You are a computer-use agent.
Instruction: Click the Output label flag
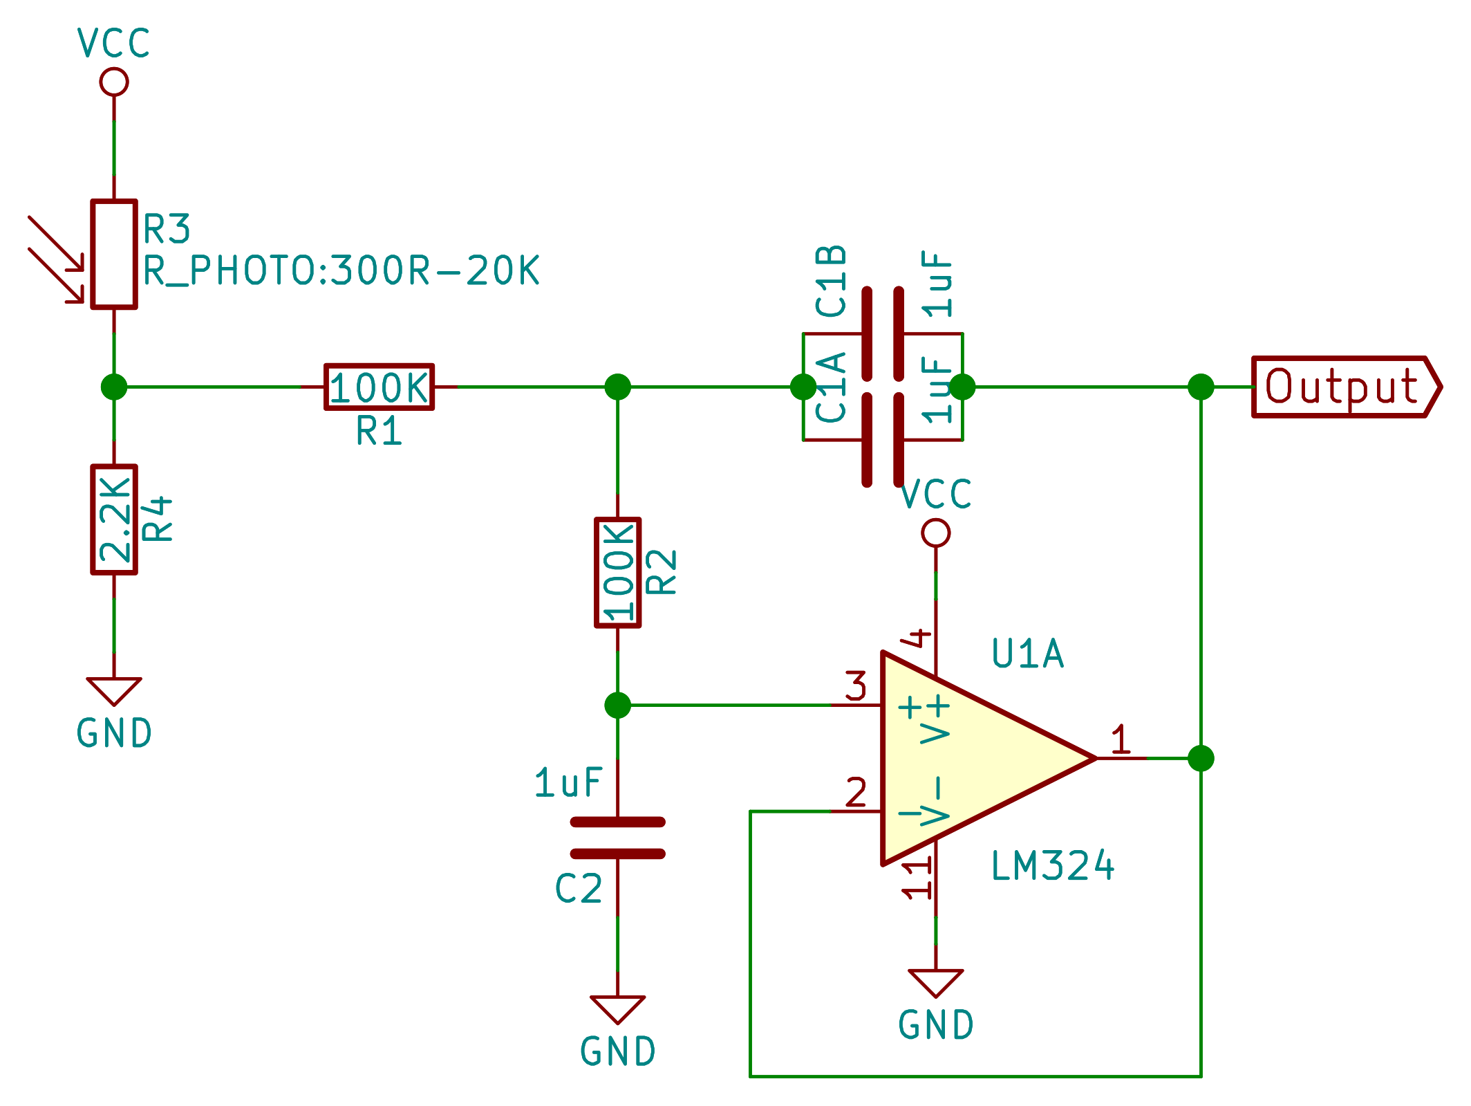click(1344, 387)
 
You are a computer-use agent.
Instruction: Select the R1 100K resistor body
click(379, 387)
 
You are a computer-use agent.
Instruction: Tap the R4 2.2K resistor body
click(114, 519)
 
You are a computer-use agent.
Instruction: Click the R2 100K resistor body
click(617, 573)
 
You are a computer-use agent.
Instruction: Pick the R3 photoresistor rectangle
click(114, 254)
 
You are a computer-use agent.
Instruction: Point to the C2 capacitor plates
click(617, 838)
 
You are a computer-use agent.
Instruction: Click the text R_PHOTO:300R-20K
click(341, 270)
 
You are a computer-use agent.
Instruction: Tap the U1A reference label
click(1027, 654)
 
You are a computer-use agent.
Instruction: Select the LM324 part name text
click(1052, 866)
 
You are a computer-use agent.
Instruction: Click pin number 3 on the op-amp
click(856, 686)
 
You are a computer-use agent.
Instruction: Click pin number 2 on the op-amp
click(856, 793)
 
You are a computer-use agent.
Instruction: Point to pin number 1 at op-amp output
click(1121, 739)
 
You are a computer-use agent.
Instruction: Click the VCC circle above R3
click(114, 82)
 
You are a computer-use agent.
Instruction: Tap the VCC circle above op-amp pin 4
click(936, 533)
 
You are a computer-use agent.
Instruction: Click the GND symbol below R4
click(114, 690)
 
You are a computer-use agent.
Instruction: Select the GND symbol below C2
click(617, 1008)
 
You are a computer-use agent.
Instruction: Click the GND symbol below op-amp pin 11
click(936, 982)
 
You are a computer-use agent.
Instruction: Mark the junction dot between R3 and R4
click(114, 387)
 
